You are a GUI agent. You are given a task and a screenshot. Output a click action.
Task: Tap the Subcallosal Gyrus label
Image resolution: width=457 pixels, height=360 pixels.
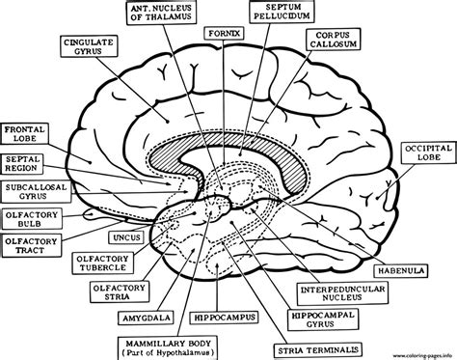(x=32, y=193)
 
